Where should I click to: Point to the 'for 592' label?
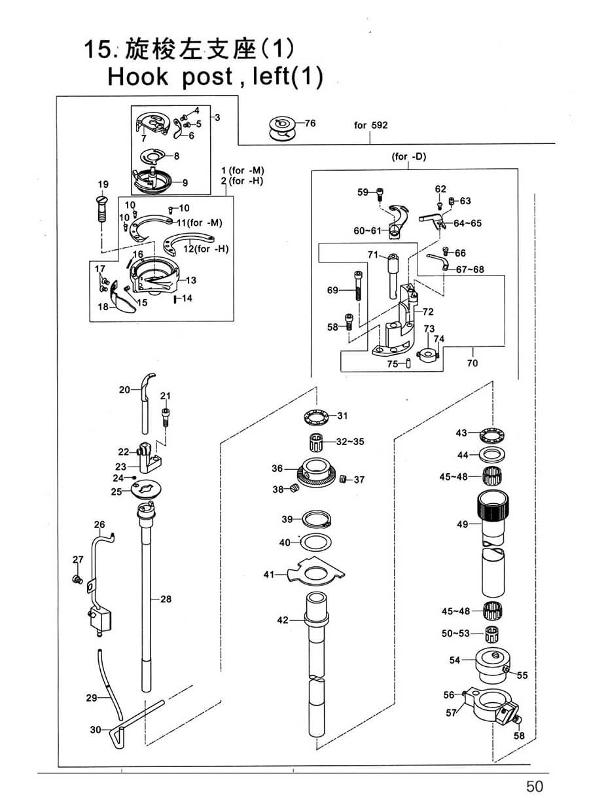370,125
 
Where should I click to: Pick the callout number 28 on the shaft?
166,598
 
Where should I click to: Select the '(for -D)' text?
409,156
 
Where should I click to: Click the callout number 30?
96,728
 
